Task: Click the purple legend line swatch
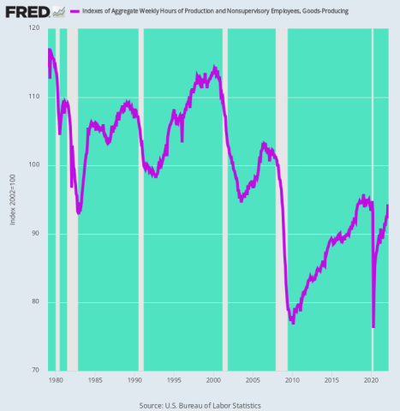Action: tap(75, 11)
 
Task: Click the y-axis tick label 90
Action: tap(35, 234)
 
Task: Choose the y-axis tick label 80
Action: tap(35, 301)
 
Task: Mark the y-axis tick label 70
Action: tap(35, 370)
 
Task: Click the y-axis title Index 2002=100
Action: tap(12, 200)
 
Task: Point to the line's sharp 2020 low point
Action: tap(373, 326)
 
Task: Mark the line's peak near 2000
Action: tap(214, 68)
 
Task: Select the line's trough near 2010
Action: tap(293, 321)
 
